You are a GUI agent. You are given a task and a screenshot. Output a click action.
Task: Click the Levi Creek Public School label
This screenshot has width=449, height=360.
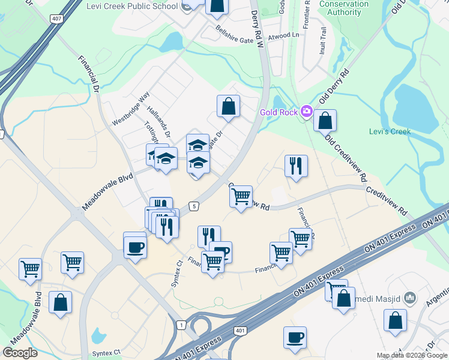[142, 6]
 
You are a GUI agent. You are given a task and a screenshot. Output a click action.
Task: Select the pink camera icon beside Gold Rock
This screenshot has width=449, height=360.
[307, 111]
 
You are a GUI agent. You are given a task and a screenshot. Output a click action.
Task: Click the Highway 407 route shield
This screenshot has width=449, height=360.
[57, 19]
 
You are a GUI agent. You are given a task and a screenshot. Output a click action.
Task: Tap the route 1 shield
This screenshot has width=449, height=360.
[181, 325]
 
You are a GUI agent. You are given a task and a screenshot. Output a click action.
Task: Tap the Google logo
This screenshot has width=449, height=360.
[20, 353]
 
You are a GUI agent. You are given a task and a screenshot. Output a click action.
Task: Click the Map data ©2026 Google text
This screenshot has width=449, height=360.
[412, 355]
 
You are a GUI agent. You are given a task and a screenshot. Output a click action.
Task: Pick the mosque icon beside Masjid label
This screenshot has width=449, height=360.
[410, 298]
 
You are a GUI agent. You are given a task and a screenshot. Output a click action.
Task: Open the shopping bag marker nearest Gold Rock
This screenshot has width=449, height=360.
[325, 121]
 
